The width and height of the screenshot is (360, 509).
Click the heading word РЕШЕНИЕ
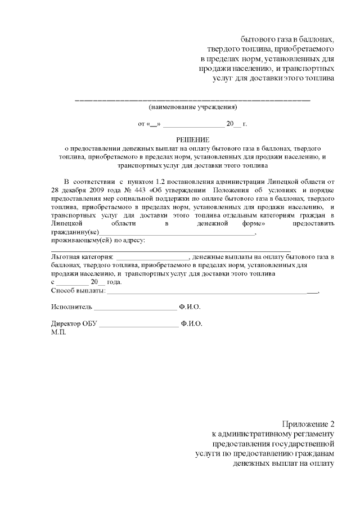[x=192, y=139]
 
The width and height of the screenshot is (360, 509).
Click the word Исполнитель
[x=70, y=307]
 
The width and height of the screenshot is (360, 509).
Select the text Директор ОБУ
[x=74, y=324]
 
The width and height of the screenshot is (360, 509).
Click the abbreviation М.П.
[x=58, y=332]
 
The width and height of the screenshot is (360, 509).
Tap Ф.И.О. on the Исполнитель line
[x=190, y=307]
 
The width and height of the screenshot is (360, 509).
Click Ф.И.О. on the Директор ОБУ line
[x=192, y=324]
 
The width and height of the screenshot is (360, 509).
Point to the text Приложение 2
[x=308, y=424]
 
